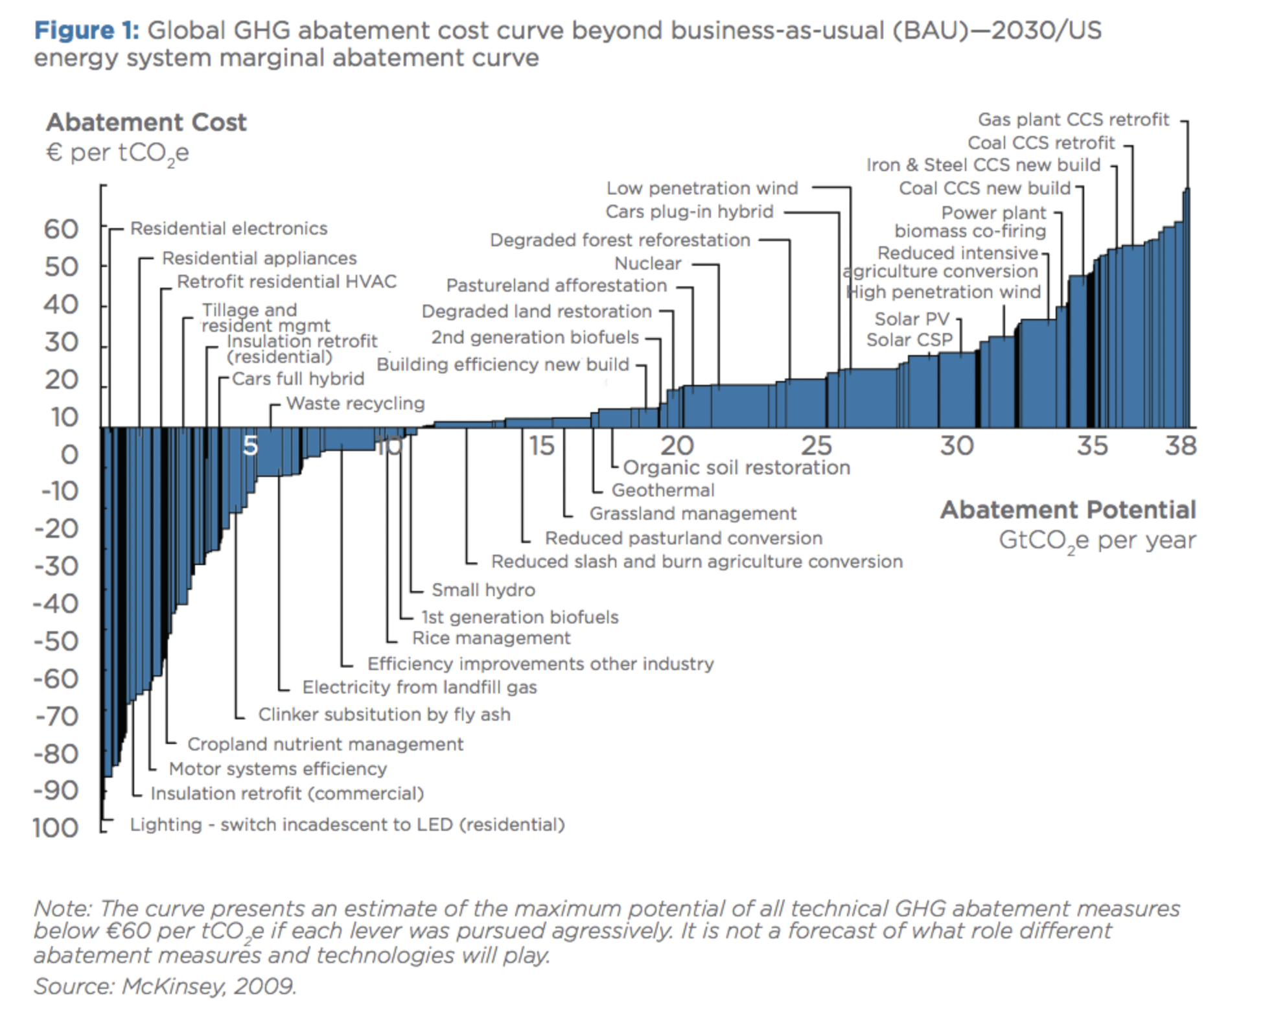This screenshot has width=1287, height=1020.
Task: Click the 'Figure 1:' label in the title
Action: pos(86,30)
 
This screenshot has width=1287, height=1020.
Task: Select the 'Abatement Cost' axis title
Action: pos(146,122)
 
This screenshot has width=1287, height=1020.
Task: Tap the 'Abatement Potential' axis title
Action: pos(1068,510)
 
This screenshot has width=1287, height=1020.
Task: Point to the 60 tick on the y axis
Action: pos(61,229)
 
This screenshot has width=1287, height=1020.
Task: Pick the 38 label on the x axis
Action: pos(1180,446)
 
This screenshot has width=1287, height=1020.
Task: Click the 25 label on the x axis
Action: pos(816,446)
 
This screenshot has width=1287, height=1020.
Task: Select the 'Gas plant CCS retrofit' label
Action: pos(1073,120)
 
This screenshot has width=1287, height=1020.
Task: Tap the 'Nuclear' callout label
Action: pos(647,264)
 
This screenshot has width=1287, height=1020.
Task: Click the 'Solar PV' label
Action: pos(911,319)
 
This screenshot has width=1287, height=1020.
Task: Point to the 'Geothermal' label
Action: pos(663,491)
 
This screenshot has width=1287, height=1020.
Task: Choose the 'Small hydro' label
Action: pos(483,590)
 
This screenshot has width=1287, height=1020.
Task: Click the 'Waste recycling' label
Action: pos(356,404)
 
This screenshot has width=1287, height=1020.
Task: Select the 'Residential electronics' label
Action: pos(229,229)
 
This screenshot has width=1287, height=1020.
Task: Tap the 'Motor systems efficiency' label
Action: pos(277,769)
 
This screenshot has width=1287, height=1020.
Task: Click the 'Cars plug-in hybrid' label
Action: pos(690,212)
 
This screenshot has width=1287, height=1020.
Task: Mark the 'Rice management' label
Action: pos(491,638)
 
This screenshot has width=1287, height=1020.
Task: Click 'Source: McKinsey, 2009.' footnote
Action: pos(165,986)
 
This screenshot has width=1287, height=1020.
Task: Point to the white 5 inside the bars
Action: pos(251,446)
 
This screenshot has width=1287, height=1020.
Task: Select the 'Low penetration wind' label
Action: pos(702,189)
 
